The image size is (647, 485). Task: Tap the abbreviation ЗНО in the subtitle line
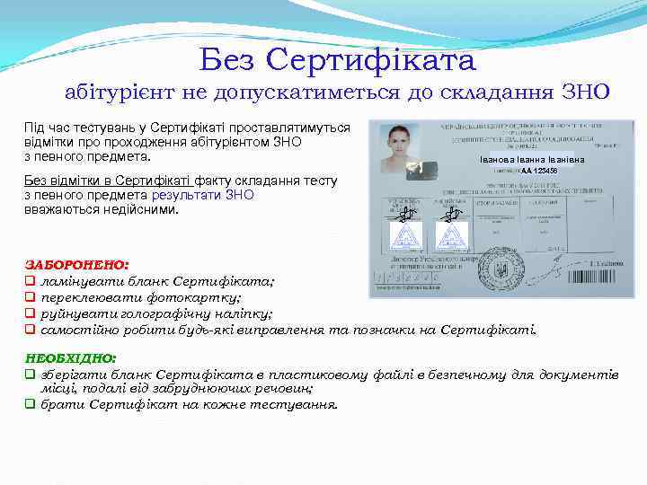pos(585,92)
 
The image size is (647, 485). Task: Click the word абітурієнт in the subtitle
pos(120,92)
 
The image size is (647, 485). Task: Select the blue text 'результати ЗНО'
pos(202,195)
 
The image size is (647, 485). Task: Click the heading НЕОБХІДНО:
pos(71,357)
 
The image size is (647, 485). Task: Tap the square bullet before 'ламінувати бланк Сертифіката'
pos(30,282)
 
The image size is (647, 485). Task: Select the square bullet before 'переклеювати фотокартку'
pos(30,298)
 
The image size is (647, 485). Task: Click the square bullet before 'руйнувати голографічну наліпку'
pos(30,314)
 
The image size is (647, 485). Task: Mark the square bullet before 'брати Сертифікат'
pos(30,404)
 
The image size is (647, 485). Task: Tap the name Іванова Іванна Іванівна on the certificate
pos(519,160)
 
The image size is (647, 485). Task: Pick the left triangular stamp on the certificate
pos(406,237)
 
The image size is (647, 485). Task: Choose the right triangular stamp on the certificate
pos(452,237)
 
